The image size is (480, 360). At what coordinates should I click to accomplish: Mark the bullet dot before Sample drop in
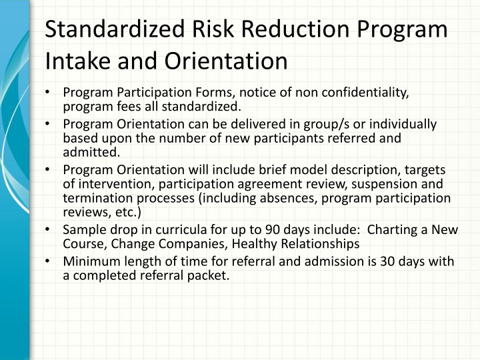(51, 230)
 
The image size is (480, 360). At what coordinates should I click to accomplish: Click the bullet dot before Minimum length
(51, 261)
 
